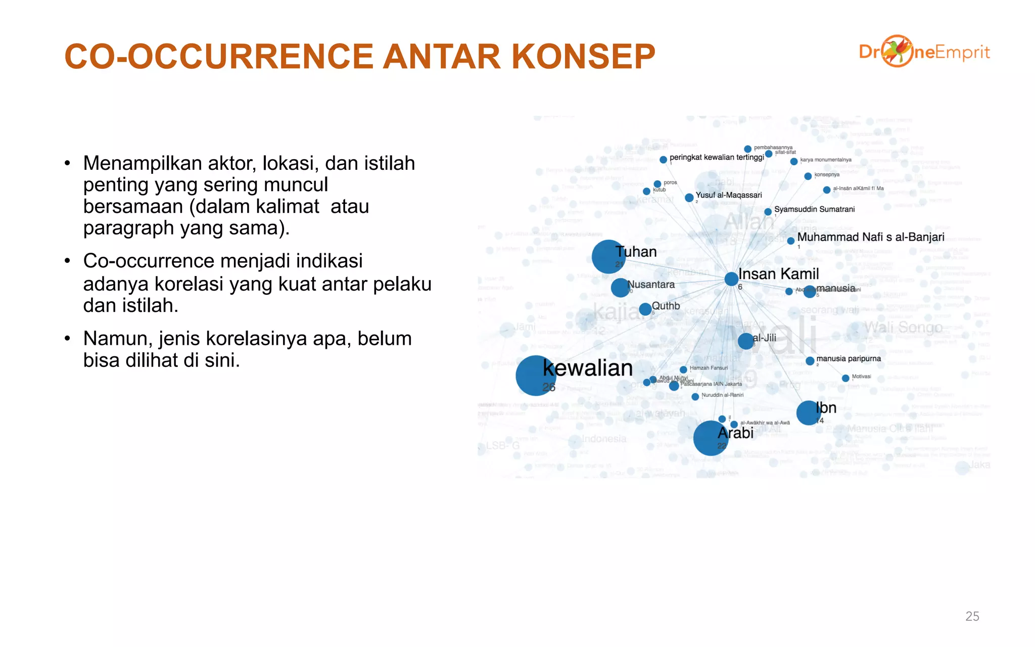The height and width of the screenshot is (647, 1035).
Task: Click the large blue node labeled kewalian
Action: tap(535, 376)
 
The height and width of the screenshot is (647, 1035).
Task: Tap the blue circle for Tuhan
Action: tap(608, 257)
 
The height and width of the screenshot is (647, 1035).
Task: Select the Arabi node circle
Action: tap(711, 438)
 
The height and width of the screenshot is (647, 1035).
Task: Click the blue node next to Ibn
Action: tap(809, 412)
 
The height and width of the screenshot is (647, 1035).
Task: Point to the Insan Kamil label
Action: tap(778, 274)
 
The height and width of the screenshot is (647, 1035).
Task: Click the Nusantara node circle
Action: tap(620, 288)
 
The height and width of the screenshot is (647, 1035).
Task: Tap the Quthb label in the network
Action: tap(666, 306)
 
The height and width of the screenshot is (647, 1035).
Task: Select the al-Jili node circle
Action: tap(746, 341)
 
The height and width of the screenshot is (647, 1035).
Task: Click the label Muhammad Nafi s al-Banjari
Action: tap(870, 237)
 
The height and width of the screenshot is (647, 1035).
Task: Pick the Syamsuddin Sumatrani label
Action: tap(814, 209)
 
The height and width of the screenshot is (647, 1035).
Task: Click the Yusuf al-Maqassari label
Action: tap(728, 195)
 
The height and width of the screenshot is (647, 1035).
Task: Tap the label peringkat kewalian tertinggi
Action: tap(717, 157)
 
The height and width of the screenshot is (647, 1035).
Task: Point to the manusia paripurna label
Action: tap(848, 358)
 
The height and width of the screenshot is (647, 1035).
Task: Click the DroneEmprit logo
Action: tap(924, 52)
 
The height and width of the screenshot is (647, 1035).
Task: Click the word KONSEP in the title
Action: tap(583, 56)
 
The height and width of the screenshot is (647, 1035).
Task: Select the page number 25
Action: tap(972, 616)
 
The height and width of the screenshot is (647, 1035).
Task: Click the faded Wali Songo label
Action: tap(903, 328)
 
